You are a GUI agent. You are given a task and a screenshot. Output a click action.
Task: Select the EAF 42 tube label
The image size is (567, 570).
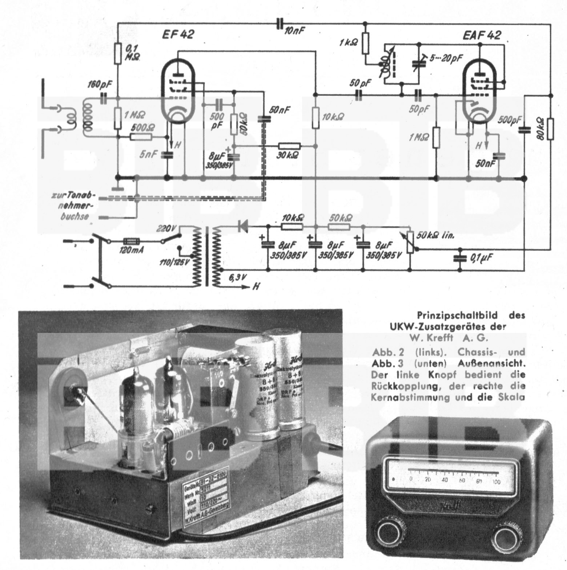click(482, 35)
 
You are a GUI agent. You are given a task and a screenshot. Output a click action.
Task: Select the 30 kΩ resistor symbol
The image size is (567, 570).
click(289, 146)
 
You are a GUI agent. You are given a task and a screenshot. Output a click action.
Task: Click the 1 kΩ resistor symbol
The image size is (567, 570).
click(366, 43)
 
